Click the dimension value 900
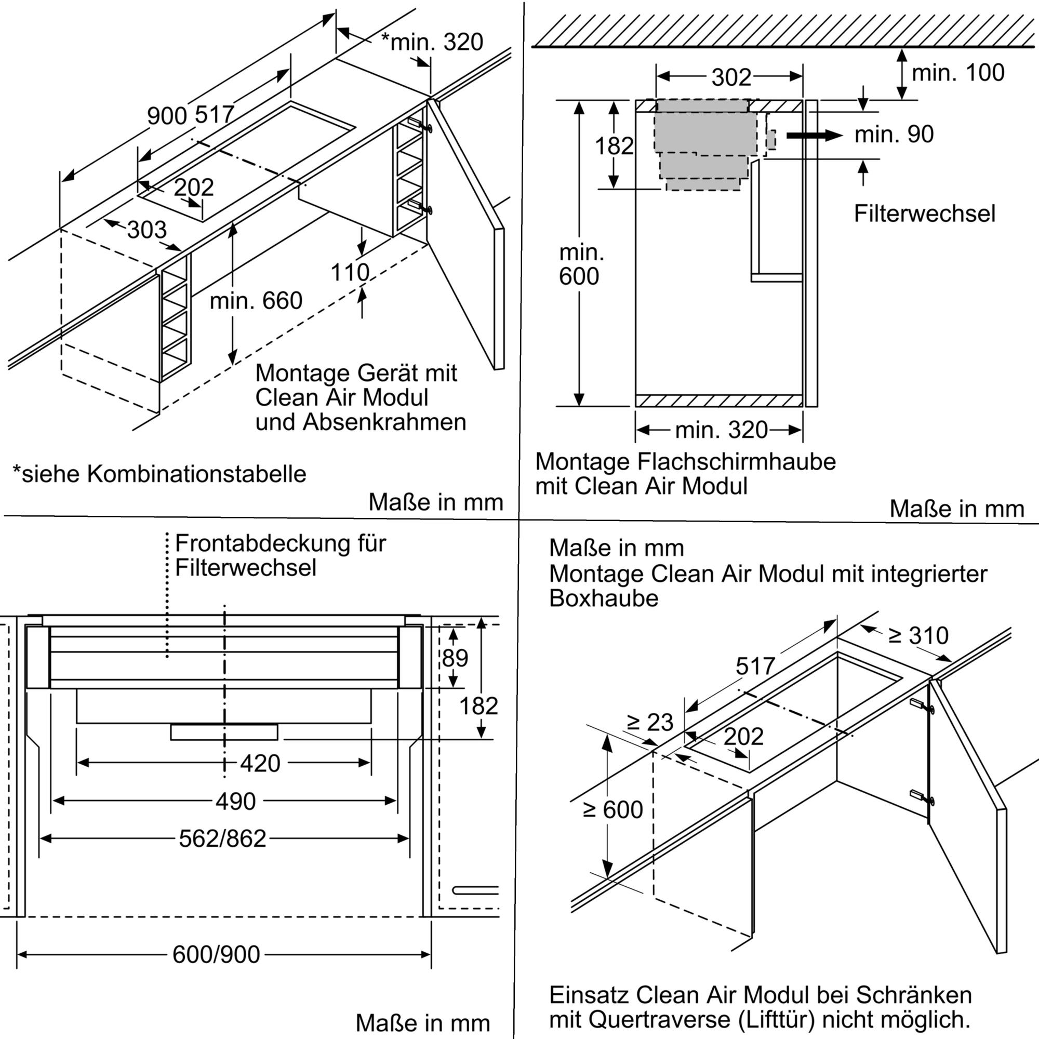pos(167,116)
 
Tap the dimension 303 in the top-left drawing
pos(147,230)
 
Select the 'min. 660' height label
pos(256,300)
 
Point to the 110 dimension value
pos(350,273)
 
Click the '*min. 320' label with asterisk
pos(432,42)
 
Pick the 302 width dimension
pos(731,77)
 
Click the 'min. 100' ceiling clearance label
pos(958,73)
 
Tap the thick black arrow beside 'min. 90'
pos(814,135)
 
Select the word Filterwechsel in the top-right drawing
pos(925,214)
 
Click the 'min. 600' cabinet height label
pos(580,264)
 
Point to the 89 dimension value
pos(455,658)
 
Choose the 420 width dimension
pos(260,763)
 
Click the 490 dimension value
pos(235,801)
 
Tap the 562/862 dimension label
pos(223,838)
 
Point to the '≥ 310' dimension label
pos(918,636)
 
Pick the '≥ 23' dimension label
pos(650,722)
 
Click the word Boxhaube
pos(603,598)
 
